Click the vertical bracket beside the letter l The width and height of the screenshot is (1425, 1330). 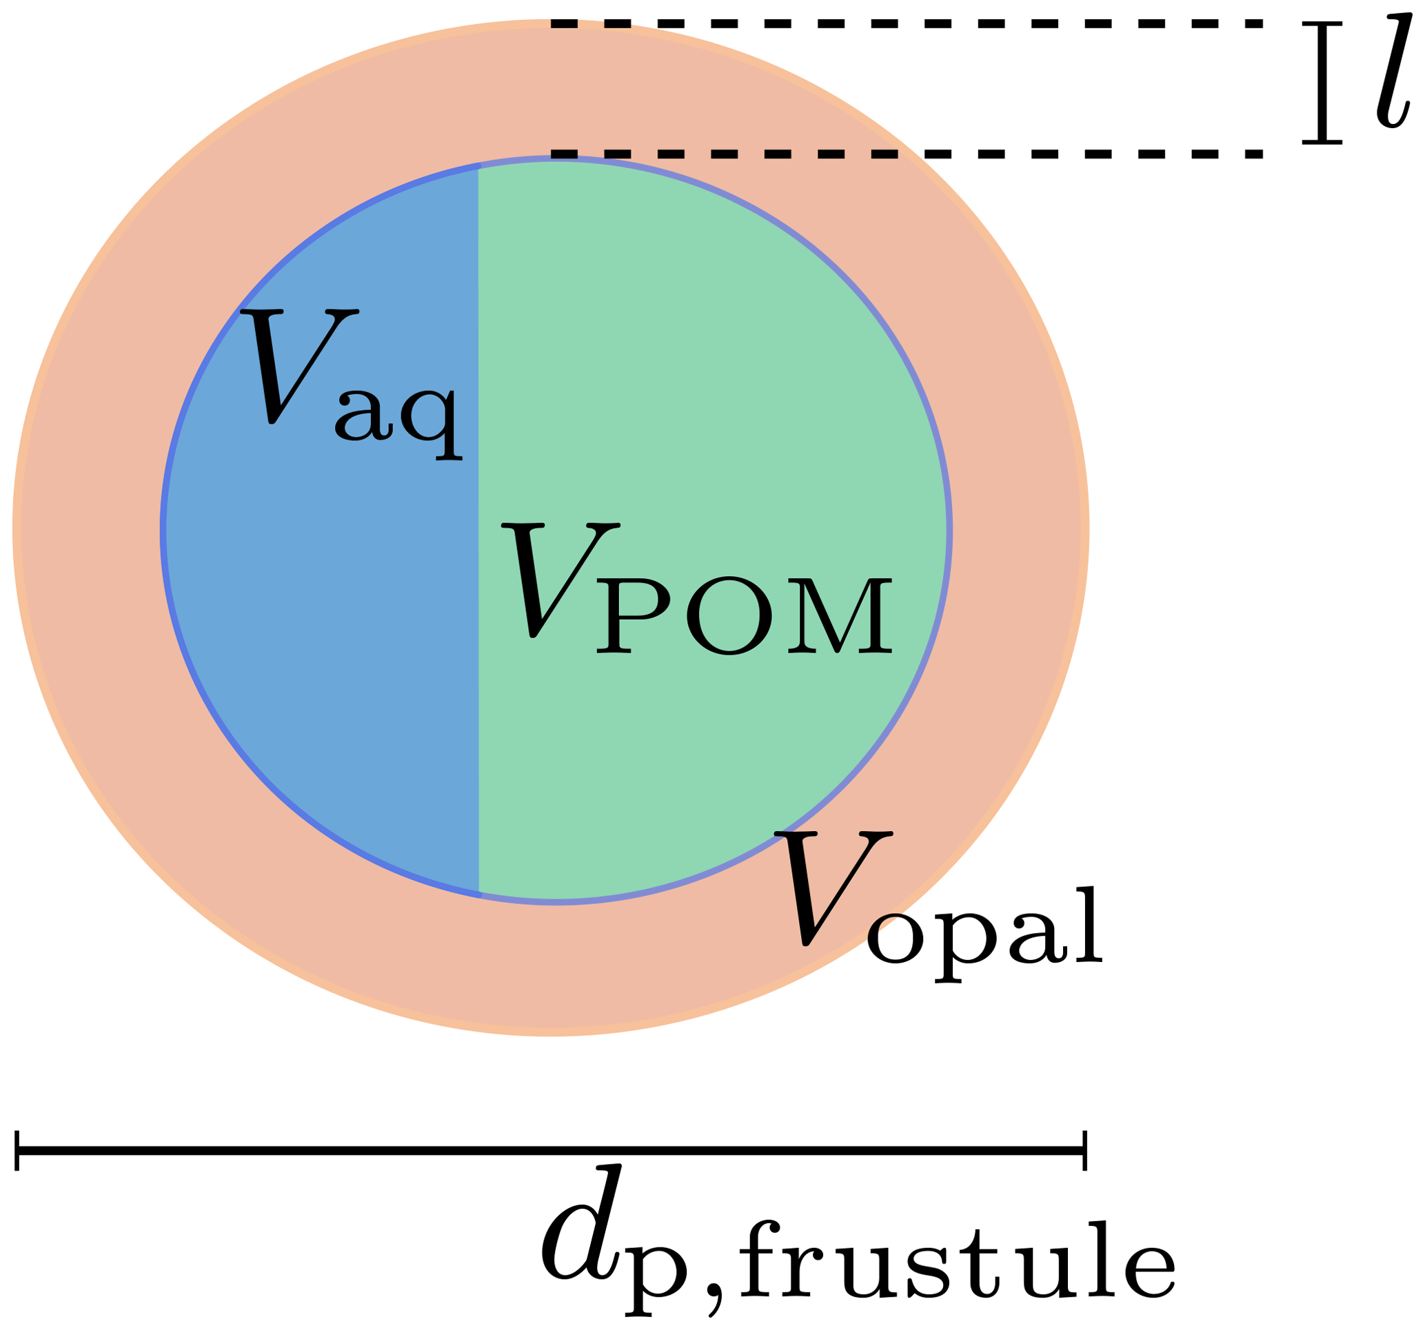(x=1322, y=83)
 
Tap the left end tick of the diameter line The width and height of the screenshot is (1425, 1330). (x=17, y=1151)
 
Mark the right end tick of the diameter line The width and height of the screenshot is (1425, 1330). (x=1084, y=1151)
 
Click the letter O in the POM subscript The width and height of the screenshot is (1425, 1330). (x=729, y=616)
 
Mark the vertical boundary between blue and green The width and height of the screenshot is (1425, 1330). (x=478, y=531)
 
